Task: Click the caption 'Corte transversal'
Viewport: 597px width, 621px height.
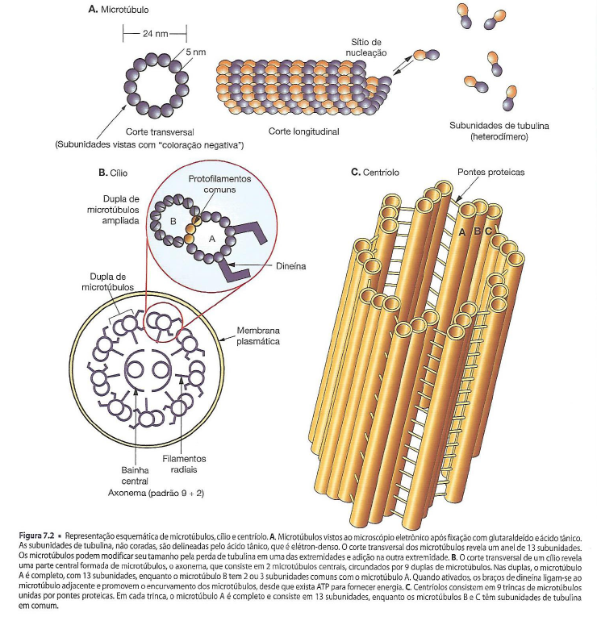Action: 159,131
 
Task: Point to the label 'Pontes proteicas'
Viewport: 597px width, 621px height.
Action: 491,172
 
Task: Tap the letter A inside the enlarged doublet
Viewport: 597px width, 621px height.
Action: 212,239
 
